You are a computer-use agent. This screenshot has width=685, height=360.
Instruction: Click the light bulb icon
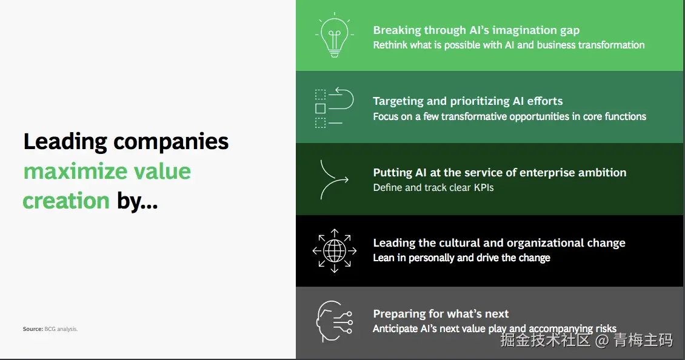pyautogui.click(x=335, y=35)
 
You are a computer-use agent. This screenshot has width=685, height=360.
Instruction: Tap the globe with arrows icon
pyautogui.click(x=335, y=251)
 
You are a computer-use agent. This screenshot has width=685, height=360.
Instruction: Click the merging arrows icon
pyautogui.click(x=334, y=179)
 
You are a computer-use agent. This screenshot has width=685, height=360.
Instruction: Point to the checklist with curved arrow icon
pyautogui.click(x=334, y=107)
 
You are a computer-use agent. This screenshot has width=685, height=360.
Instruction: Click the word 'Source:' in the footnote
pyautogui.click(x=33, y=329)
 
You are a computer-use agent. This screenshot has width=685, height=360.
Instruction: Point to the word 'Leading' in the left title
pyautogui.click(x=65, y=142)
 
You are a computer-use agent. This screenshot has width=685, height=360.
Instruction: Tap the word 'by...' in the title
pyautogui.click(x=137, y=201)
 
